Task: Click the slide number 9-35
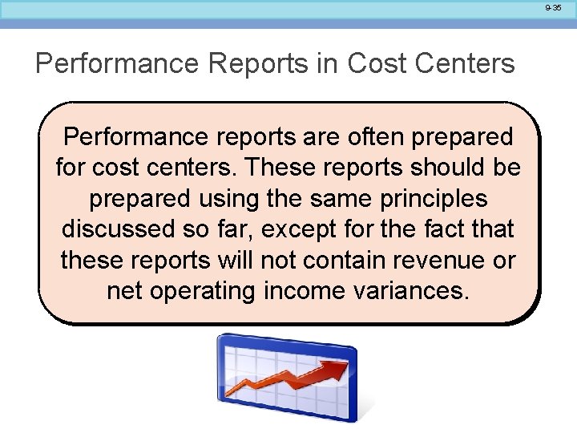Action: tap(553, 7)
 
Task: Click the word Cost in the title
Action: tap(377, 63)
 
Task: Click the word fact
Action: tap(438, 229)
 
